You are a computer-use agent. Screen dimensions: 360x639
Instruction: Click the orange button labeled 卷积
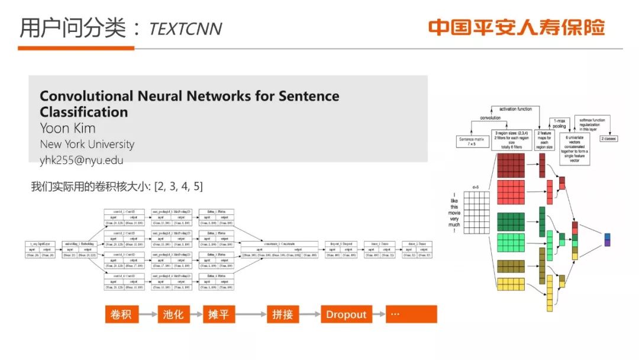click(121, 314)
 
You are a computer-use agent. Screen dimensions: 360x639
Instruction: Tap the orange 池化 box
click(173, 314)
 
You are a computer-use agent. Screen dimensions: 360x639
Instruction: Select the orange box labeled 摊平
click(219, 314)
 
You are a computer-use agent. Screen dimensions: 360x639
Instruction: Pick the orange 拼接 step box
click(283, 314)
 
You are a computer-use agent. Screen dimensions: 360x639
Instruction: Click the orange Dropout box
click(346, 314)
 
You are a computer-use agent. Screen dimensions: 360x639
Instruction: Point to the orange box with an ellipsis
click(411, 314)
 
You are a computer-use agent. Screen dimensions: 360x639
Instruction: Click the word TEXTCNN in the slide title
click(186, 28)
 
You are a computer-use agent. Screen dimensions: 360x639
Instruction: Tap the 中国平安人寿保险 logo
click(517, 27)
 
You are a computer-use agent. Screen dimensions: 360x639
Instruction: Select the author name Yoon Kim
click(67, 128)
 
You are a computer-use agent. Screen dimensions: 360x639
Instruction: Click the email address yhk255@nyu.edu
click(82, 159)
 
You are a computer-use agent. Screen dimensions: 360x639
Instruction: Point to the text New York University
click(87, 144)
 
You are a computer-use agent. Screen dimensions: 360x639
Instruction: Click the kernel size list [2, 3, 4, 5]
click(178, 187)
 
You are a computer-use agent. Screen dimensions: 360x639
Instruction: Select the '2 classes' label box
click(609, 139)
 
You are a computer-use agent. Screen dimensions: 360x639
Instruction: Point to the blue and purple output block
click(606, 239)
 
